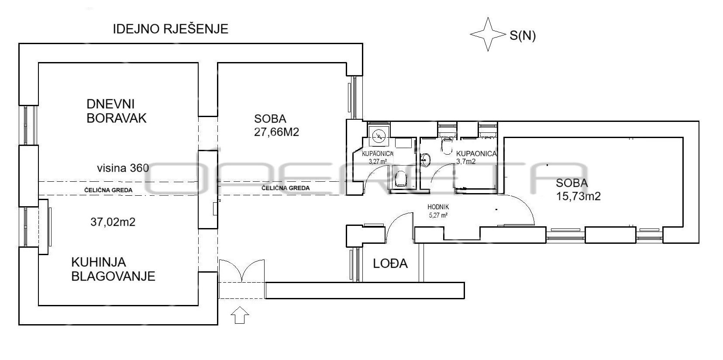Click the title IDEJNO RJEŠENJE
(170, 29)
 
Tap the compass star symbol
(488, 34)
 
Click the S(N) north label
(523, 35)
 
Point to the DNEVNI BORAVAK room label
(117, 111)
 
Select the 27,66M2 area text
(277, 132)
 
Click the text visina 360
(123, 168)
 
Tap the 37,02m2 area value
(113, 222)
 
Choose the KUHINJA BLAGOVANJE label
(113, 269)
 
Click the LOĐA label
(390, 263)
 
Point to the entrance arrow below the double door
(240, 315)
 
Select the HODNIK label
(438, 207)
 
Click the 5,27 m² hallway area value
(438, 215)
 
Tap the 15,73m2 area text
(578, 196)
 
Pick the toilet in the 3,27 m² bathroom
(401, 179)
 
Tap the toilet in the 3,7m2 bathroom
(447, 146)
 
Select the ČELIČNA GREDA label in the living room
(108, 190)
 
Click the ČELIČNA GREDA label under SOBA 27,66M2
(286, 188)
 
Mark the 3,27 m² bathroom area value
(378, 162)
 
